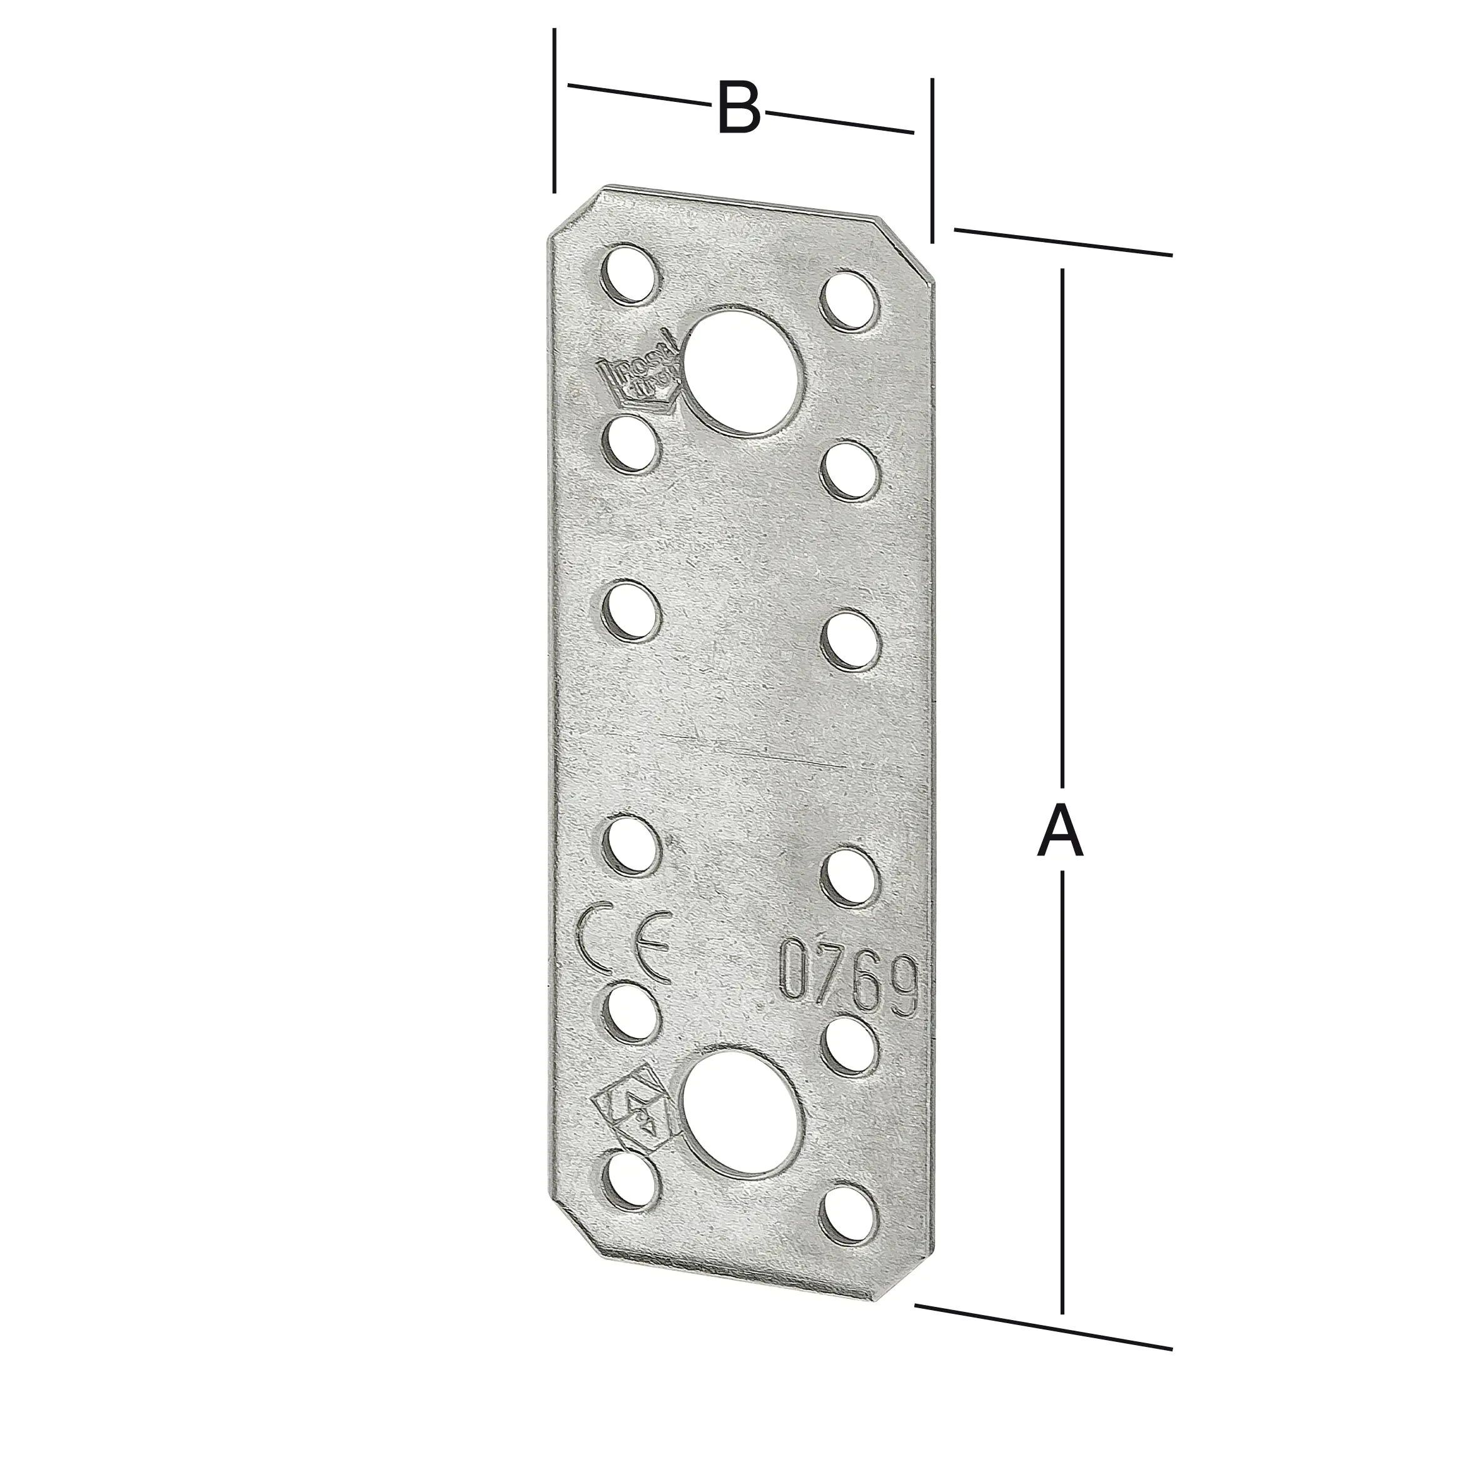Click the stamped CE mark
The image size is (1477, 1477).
(x=625, y=945)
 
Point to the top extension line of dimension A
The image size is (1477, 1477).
(x=1062, y=241)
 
